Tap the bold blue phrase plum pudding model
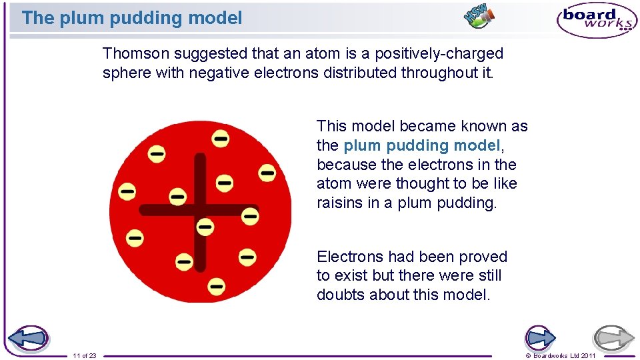pos(421,145)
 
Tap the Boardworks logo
pos(597,19)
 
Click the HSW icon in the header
pos(479,16)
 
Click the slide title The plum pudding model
pos(132,18)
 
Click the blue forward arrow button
pos(541,338)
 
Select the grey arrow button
pos(613,338)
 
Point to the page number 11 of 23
pos(85,355)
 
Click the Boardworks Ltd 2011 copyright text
pos(561,355)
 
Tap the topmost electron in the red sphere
pos(221,139)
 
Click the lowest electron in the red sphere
pos(216,287)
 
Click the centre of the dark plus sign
pos(199,210)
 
